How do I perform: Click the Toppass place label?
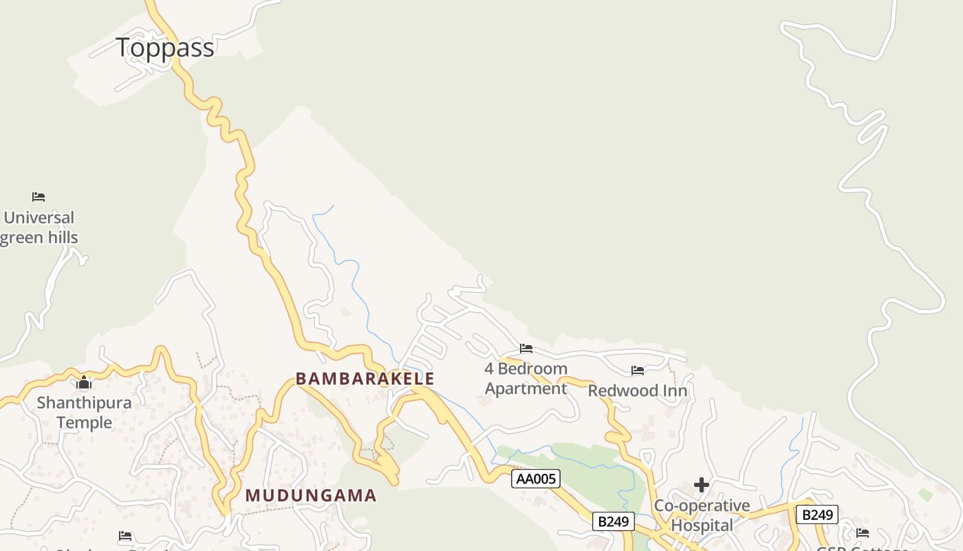point(165,48)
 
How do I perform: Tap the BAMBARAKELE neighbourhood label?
point(365,379)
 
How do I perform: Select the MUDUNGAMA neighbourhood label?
point(311,495)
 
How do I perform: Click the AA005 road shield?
point(536,479)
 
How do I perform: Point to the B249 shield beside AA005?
point(613,521)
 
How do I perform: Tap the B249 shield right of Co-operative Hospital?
point(817,514)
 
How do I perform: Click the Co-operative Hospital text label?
point(702,515)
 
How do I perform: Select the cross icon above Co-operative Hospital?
point(702,485)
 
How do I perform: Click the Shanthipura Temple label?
point(84,412)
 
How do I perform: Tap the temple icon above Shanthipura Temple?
point(85,383)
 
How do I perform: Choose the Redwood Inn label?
point(638,391)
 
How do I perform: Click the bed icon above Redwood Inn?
point(638,371)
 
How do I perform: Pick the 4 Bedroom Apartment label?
point(526,378)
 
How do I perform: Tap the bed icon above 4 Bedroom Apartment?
point(526,348)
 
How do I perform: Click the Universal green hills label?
point(39,228)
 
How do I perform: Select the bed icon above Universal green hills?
point(39,197)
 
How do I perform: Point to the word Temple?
point(84,422)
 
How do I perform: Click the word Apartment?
point(526,388)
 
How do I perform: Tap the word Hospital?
point(702,526)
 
